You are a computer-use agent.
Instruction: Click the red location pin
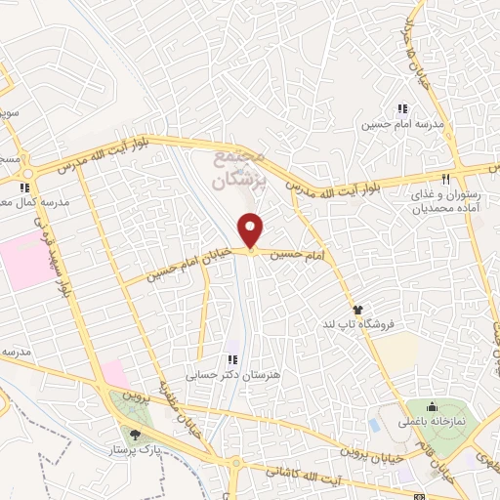point(251,230)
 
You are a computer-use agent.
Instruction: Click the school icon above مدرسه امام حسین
point(400,108)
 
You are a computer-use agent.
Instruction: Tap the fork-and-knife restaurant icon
point(446,179)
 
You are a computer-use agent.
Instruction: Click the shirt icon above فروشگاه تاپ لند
point(358,307)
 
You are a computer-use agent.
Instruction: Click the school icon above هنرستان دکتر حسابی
point(232,356)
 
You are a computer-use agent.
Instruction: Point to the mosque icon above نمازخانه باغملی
point(433,405)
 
